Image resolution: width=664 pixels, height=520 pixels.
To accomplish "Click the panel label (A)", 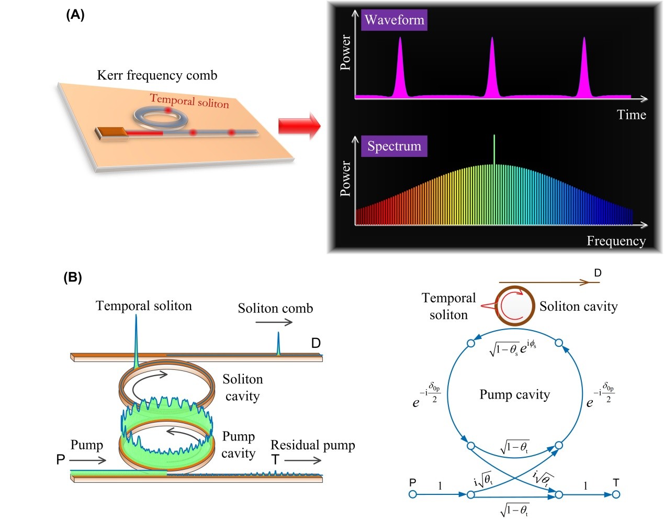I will pos(75,15).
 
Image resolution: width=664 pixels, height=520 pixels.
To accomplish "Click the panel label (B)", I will pos(73,277).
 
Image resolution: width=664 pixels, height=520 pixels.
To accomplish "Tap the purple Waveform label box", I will pos(394,20).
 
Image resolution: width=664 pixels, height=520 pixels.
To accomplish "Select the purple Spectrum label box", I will pos(394,146).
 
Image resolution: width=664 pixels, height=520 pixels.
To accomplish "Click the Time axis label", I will pos(631,115).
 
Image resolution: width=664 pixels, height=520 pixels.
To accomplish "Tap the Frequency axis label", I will pos(616,241).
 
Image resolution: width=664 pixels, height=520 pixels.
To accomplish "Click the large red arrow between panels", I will pos(299,126).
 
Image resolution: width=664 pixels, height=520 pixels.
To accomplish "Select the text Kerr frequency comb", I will pos(157,75).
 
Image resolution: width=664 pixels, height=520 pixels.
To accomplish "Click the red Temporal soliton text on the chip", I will pos(189,100).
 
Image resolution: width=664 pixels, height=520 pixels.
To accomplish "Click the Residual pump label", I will pos(312,445).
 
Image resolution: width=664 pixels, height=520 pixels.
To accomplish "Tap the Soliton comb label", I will pos(275,308).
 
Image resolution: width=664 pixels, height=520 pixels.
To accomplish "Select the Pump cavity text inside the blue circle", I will pos(515,394).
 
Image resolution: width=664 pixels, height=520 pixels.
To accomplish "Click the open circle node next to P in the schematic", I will pos(412,494).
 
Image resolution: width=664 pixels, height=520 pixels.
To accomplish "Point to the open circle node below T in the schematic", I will pos(616,494).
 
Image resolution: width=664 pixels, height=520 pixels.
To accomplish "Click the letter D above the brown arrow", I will pos(598,273).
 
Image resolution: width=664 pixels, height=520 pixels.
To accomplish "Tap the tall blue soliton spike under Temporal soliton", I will pos(136,340).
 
